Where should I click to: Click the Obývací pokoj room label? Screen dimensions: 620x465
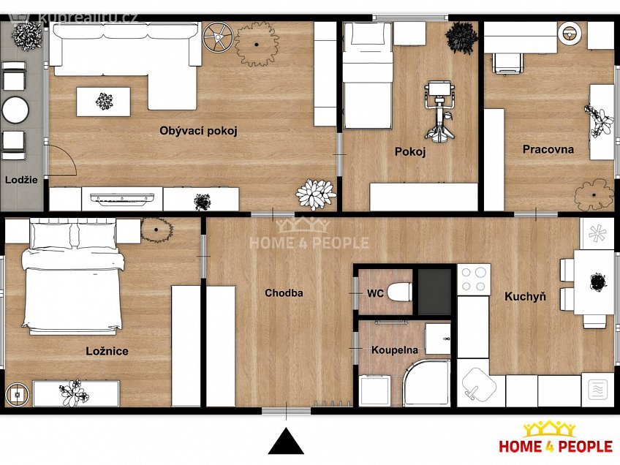click(x=198, y=131)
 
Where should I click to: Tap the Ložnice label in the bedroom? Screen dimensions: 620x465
click(x=107, y=351)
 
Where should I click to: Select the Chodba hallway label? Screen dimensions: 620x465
click(x=284, y=293)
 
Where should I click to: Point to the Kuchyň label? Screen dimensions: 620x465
click(x=525, y=297)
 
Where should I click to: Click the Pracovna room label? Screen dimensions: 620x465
click(x=548, y=149)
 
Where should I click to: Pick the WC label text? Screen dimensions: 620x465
click(x=375, y=293)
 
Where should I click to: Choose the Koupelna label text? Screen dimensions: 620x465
click(x=395, y=350)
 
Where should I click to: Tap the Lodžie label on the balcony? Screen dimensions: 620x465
click(x=21, y=180)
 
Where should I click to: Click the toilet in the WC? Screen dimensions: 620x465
click(x=399, y=292)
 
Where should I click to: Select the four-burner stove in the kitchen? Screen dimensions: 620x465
click(x=474, y=279)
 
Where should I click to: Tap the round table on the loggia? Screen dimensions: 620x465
click(x=15, y=110)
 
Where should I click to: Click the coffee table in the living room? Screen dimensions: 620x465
click(x=103, y=102)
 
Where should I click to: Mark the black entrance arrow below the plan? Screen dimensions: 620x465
click(x=286, y=441)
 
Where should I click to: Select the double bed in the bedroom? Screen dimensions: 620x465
click(x=73, y=277)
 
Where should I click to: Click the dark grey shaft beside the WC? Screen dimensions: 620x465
click(x=434, y=292)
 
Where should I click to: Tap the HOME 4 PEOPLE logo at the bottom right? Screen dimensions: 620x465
click(x=556, y=438)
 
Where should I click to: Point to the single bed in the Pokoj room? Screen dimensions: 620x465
click(x=368, y=76)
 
